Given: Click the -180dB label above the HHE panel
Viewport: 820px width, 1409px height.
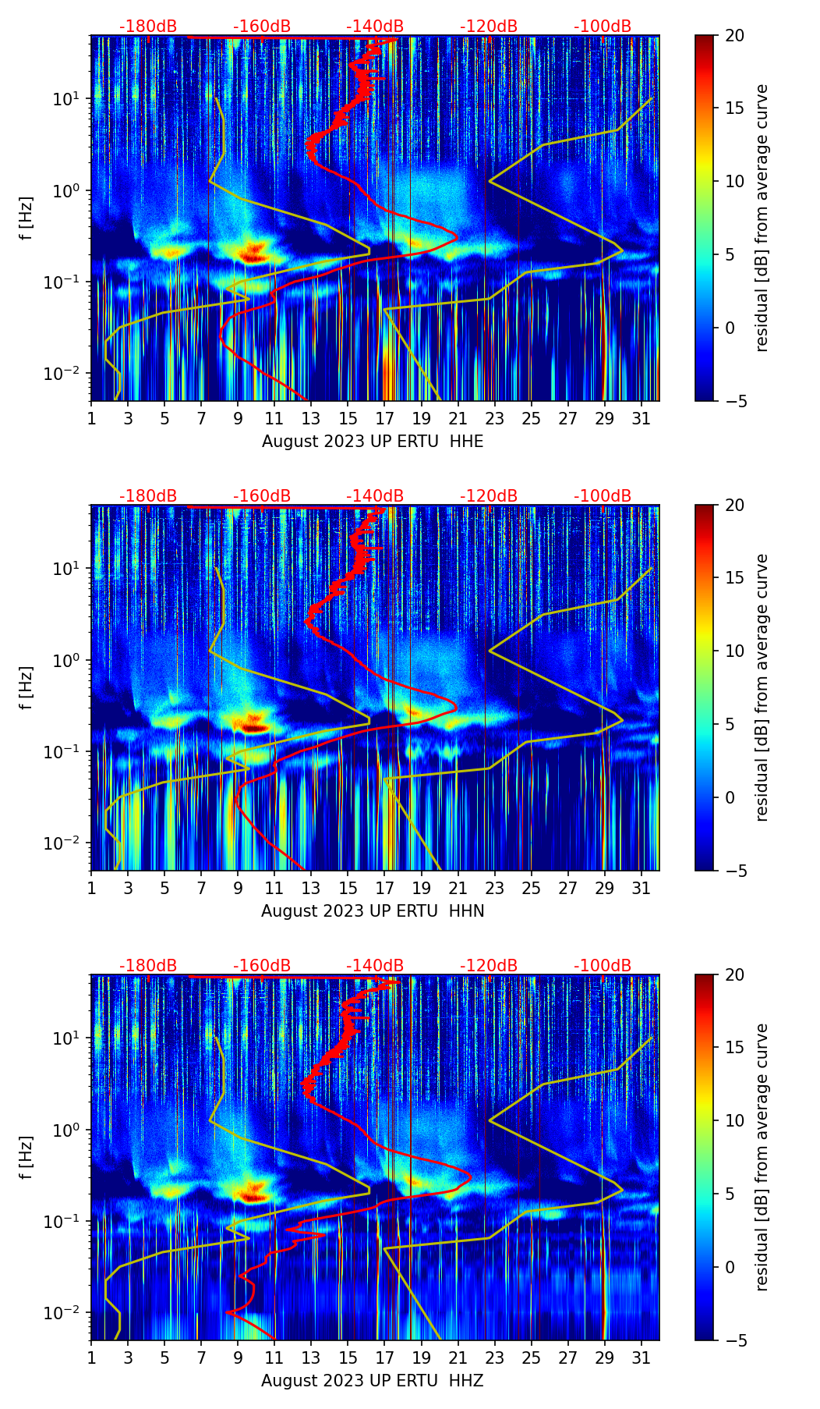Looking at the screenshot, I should [x=148, y=27].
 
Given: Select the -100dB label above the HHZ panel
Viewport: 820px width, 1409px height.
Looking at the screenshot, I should [x=603, y=966].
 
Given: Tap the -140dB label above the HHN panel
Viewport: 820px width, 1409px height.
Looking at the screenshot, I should [x=375, y=496].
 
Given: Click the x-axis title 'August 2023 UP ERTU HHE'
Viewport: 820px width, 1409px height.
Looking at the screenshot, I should [x=373, y=442].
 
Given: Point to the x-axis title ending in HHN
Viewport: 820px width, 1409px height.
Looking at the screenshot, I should [x=373, y=911].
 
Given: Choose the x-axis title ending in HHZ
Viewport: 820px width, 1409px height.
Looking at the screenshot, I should [x=373, y=1381].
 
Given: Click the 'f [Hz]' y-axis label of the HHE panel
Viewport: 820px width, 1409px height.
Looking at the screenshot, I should [x=27, y=218].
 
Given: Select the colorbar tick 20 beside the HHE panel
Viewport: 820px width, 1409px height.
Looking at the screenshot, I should [x=734, y=36].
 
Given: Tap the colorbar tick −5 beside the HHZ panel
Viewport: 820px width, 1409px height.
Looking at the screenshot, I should [x=735, y=1340].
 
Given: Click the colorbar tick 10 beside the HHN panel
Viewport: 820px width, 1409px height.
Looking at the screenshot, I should [x=734, y=651].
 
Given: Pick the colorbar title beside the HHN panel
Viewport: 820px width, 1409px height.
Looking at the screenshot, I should [x=762, y=687].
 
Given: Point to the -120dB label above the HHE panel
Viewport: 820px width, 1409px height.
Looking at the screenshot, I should [x=489, y=27].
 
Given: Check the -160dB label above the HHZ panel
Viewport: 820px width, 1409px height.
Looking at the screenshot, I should [x=262, y=966].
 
